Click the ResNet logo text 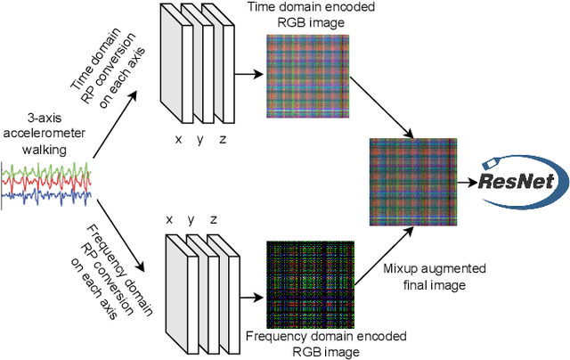coord(530,183)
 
